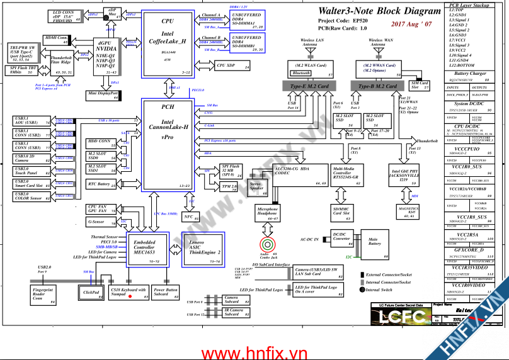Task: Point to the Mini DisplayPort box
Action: click(103, 95)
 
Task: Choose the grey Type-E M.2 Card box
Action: click(309, 86)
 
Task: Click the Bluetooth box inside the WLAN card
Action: click(302, 73)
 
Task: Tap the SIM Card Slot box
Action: click(420, 84)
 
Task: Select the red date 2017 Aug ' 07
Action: click(411, 24)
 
